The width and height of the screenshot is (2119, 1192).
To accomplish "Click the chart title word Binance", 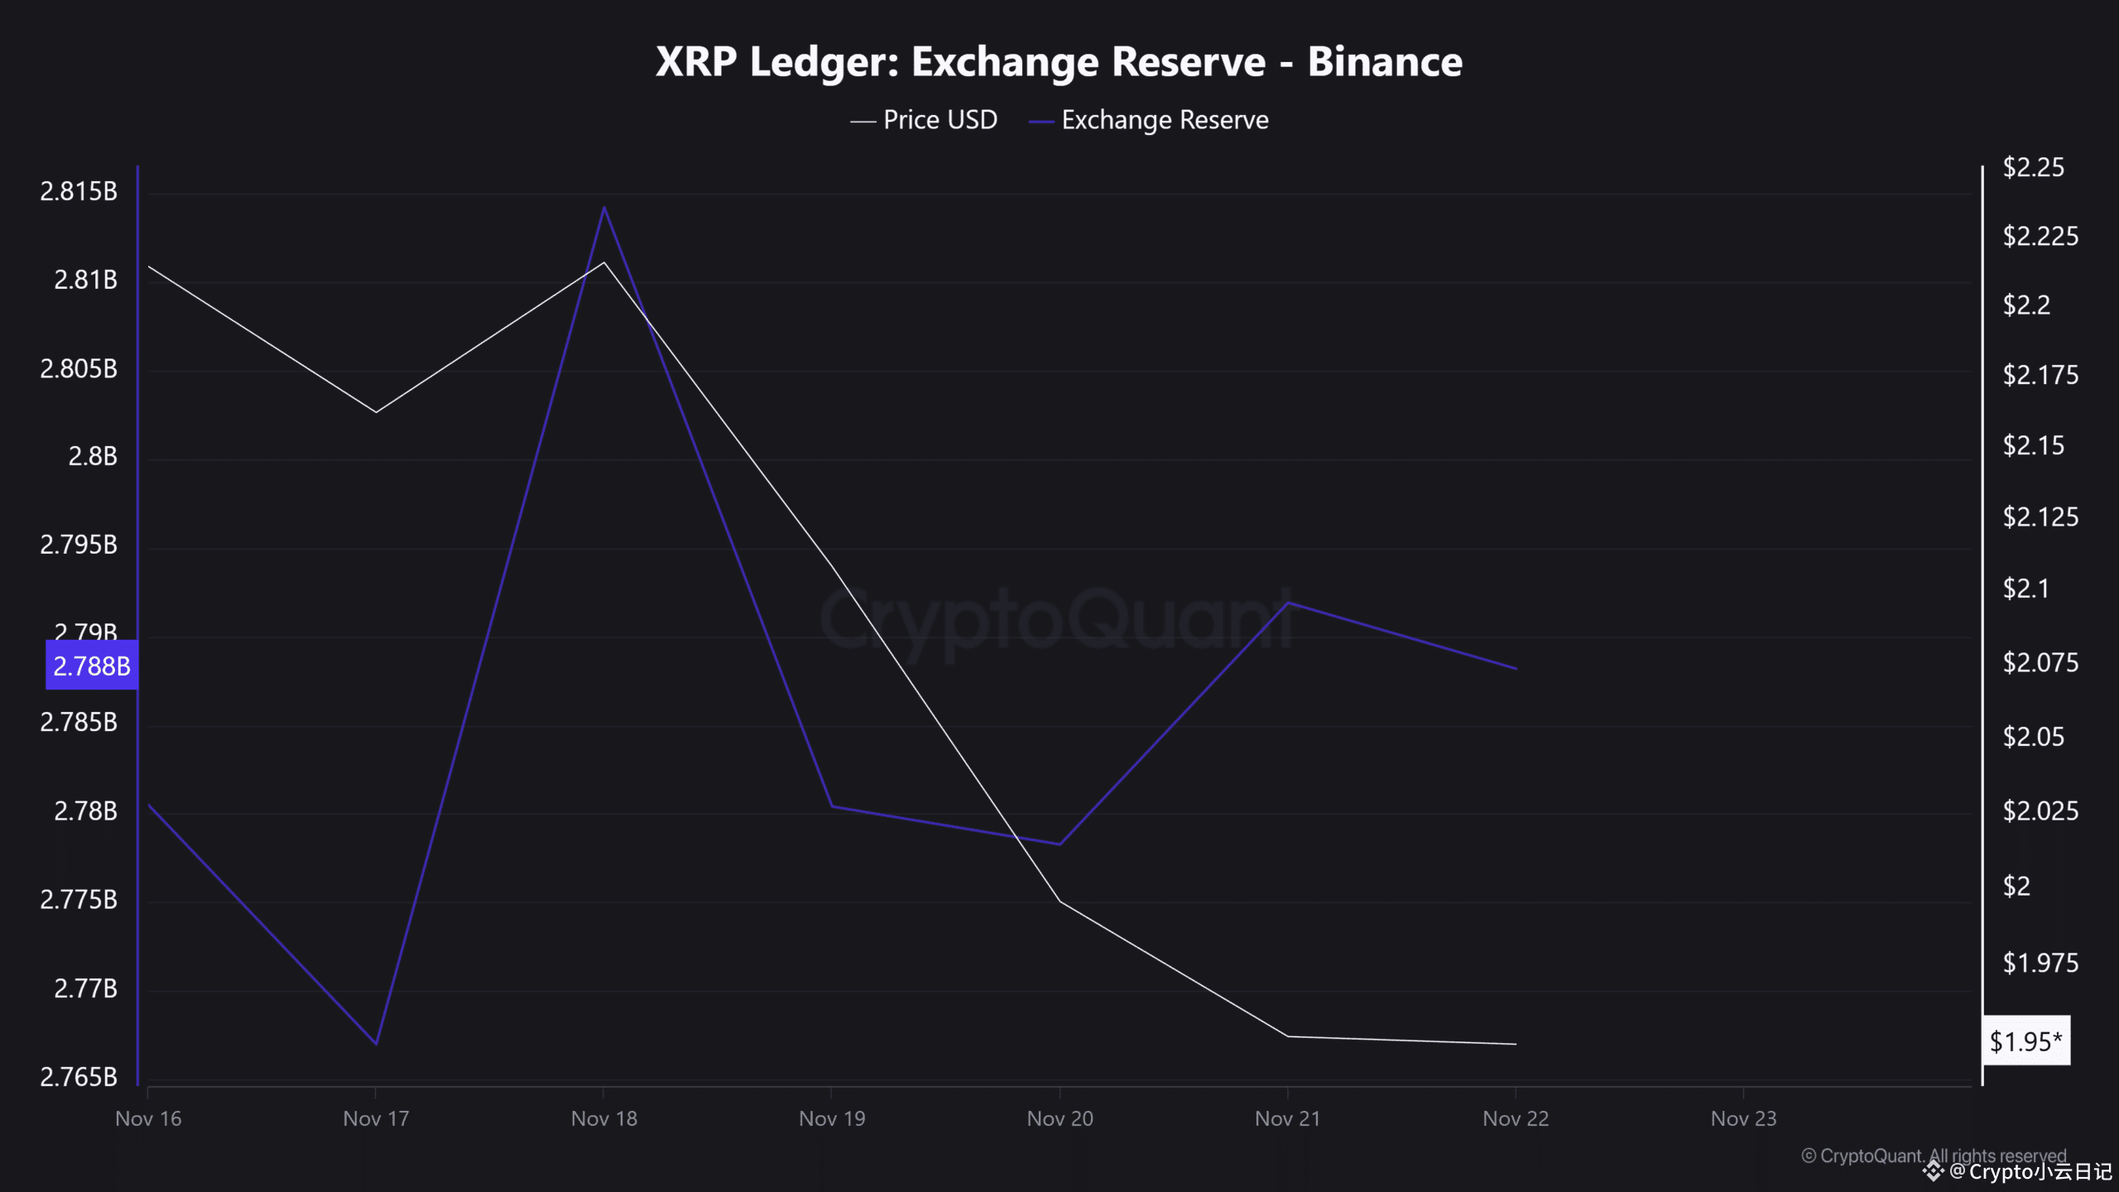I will (x=1384, y=62).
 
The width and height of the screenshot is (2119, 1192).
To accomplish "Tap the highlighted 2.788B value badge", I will (x=92, y=666).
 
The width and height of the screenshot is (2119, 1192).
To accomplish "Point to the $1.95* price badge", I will (x=2025, y=1041).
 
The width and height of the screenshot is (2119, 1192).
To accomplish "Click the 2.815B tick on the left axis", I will (x=79, y=191).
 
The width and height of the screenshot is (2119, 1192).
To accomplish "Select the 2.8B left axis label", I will (x=92, y=456).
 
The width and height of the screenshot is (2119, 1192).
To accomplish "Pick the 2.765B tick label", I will (x=79, y=1076).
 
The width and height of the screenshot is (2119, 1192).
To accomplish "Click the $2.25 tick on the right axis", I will (x=2032, y=167).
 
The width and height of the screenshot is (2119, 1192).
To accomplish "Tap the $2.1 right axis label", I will (x=2025, y=589).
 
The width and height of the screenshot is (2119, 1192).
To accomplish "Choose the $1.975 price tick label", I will (x=2040, y=963).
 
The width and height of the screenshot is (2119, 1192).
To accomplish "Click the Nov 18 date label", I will (x=603, y=1118).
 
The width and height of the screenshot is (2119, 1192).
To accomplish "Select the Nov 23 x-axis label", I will (x=1743, y=1118).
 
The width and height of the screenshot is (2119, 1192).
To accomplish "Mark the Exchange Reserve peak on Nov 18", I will (x=604, y=208).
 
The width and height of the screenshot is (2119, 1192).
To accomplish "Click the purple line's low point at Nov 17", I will (x=377, y=1043).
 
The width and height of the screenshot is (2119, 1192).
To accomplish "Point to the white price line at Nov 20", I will (x=1060, y=901).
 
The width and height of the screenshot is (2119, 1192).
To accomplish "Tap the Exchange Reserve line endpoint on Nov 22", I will (x=1516, y=668).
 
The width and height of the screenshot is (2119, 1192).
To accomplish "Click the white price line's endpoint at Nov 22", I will (x=1516, y=1044).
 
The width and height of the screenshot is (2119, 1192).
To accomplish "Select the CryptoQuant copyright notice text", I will (x=1934, y=1156).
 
